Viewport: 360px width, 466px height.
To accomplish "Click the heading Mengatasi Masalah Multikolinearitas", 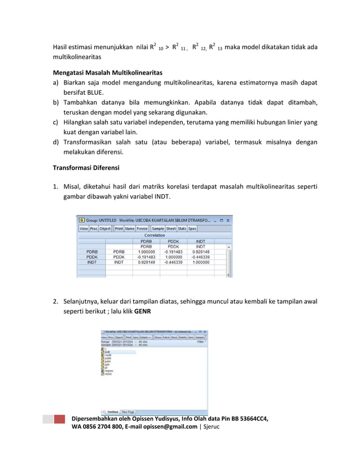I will point(107,73).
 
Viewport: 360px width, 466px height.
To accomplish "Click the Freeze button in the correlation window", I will point(143,228).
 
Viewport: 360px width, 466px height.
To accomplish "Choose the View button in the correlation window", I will point(84,228).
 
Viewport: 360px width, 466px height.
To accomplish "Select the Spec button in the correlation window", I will point(192,228).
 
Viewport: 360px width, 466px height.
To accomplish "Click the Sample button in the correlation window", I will point(158,228).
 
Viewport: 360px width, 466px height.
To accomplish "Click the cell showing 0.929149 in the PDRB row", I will point(200,252).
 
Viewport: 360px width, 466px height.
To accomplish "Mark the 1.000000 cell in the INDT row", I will point(200,262).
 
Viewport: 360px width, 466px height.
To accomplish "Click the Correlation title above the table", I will point(154,235).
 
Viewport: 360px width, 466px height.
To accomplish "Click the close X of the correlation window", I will point(228,220).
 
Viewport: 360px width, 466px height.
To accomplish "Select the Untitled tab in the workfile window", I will point(112,412).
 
